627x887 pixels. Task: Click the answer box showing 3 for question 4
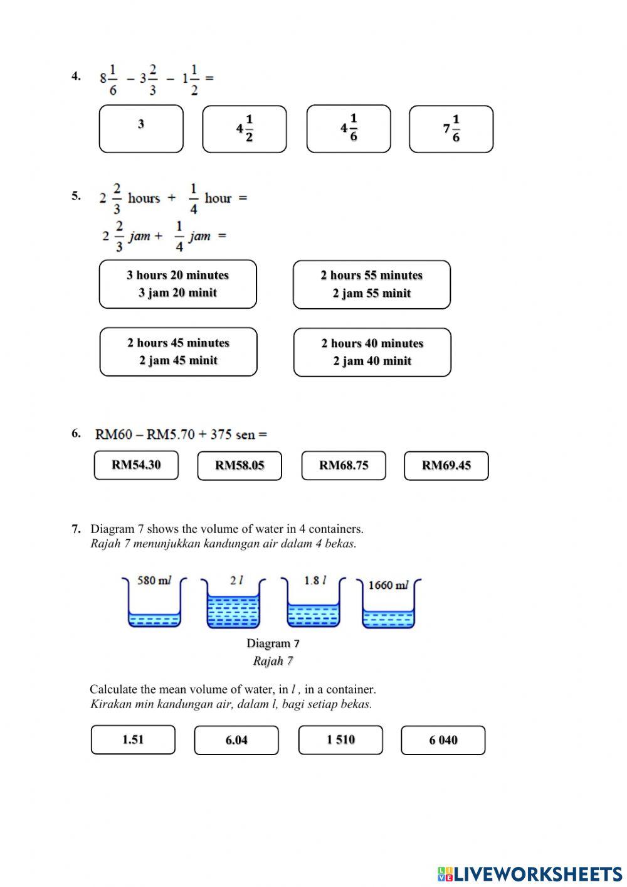click(141, 129)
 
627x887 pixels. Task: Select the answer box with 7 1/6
click(451, 129)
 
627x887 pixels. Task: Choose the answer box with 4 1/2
click(244, 129)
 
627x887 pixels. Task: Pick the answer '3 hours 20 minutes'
click(178, 284)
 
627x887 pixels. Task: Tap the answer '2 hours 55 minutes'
click(371, 284)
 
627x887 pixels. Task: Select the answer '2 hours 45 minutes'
click(178, 352)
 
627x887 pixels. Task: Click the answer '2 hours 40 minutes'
click(372, 352)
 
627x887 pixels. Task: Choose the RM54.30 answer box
click(136, 465)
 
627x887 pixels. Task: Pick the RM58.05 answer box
click(240, 466)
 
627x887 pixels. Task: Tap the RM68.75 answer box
click(344, 466)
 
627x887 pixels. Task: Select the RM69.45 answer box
click(446, 466)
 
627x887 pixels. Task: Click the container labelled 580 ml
click(154, 606)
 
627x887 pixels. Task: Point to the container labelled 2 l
click(233, 606)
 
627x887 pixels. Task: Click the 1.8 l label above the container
click(315, 581)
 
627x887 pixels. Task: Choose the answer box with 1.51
click(133, 739)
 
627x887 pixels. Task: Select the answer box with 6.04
click(236, 740)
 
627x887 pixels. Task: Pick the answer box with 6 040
click(443, 740)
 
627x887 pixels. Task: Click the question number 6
click(76, 433)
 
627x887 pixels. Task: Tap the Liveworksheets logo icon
click(445, 873)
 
